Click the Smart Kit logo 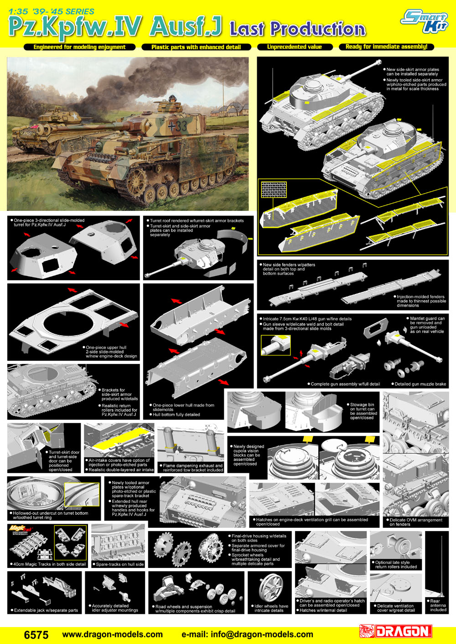(x=425, y=21)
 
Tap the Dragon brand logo (x=396, y=632)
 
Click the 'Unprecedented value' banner (x=295, y=47)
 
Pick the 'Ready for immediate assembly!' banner (x=386, y=46)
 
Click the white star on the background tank (x=75, y=117)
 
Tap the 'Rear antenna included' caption (x=438, y=605)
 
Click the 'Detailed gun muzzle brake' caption (x=419, y=384)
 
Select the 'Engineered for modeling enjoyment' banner (x=79, y=47)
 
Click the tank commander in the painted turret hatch (x=172, y=99)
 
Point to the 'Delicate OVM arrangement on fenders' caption (x=416, y=522)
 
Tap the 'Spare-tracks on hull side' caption (x=118, y=564)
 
